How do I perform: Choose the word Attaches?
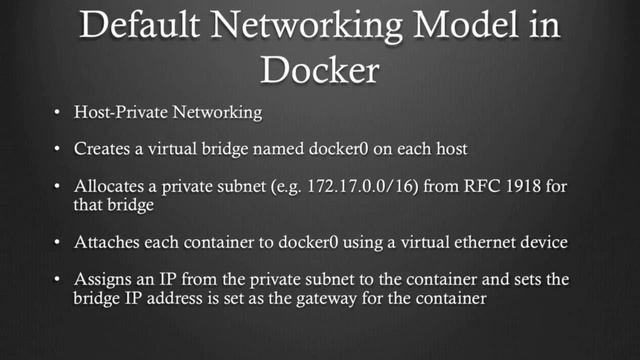(106, 241)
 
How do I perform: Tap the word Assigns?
(104, 279)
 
